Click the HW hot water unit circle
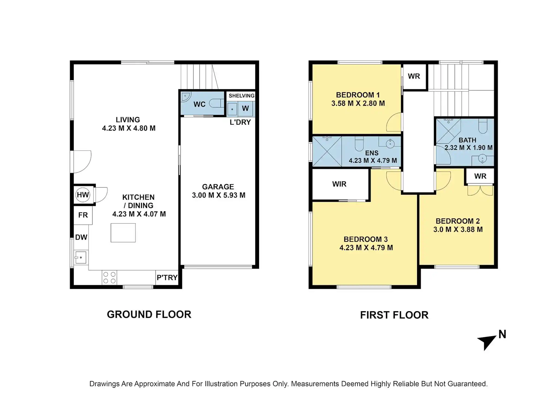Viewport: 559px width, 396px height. click(83, 195)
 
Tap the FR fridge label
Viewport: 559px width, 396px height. click(83, 215)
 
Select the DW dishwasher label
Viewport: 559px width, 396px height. click(81, 237)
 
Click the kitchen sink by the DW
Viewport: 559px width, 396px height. click(81, 257)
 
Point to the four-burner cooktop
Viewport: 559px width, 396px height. click(109, 278)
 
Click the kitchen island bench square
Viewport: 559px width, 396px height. click(123, 233)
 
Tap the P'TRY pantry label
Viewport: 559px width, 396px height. click(167, 278)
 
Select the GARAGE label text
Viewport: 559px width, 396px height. click(218, 187)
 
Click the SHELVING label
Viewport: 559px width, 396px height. click(242, 96)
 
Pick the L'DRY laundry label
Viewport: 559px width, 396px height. click(240, 122)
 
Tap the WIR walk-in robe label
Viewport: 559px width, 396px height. click(339, 184)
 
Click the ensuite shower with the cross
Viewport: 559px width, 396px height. click(327, 151)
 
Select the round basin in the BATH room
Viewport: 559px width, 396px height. click(483, 159)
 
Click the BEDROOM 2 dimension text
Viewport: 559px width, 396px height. click(458, 229)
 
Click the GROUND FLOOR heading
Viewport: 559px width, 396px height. click(149, 315)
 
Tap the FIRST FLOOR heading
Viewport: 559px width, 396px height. click(394, 315)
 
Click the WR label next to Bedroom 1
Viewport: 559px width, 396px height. click(414, 76)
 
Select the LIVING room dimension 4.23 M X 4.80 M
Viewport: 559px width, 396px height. click(129, 128)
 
